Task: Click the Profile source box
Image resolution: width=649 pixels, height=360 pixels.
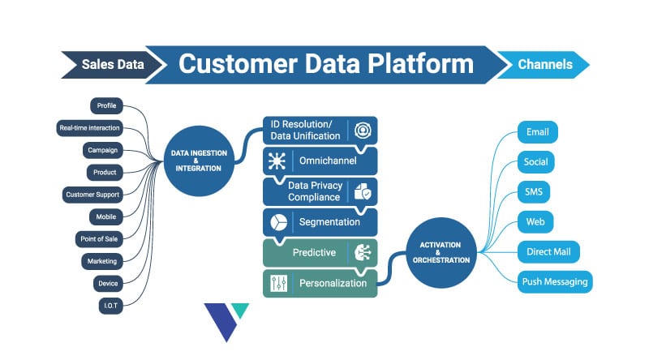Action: [106, 105]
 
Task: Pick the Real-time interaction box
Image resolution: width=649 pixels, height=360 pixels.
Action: [89, 128]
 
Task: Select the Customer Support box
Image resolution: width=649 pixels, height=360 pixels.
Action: [92, 195]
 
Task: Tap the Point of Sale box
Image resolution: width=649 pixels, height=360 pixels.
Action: [100, 238]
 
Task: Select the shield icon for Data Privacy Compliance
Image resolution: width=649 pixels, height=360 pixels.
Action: [361, 191]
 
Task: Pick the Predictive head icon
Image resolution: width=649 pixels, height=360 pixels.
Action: [361, 252]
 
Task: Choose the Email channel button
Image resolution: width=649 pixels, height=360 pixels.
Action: [537, 131]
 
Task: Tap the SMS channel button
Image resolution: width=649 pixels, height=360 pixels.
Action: [534, 191]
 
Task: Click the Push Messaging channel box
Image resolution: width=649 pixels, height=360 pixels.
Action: [555, 281]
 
